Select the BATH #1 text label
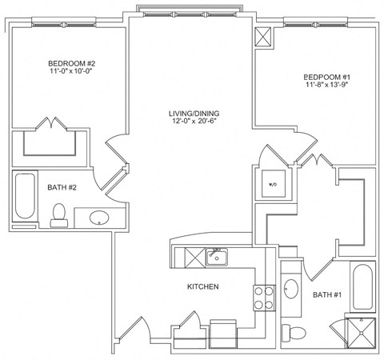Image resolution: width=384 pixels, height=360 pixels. point(327,295)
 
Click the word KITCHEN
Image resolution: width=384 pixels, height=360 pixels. point(203,286)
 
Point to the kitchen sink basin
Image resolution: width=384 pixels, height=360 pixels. point(216,257)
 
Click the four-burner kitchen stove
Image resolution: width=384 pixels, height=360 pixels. point(263,298)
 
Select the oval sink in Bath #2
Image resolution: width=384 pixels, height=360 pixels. point(99,217)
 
